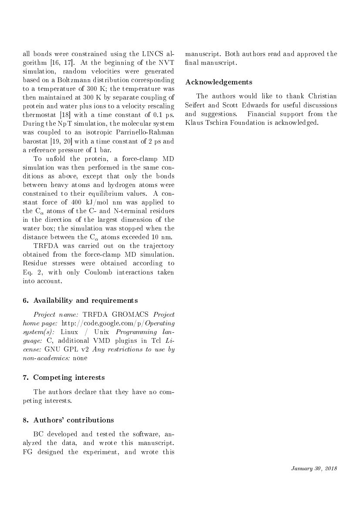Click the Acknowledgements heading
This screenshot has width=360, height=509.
click(219, 82)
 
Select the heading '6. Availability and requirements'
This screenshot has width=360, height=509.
click(80, 300)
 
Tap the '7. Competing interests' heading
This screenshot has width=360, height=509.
click(64, 377)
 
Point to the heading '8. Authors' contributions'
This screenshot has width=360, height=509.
click(68, 420)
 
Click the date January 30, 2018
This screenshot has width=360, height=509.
click(313, 469)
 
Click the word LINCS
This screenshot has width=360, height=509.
click(152, 54)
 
